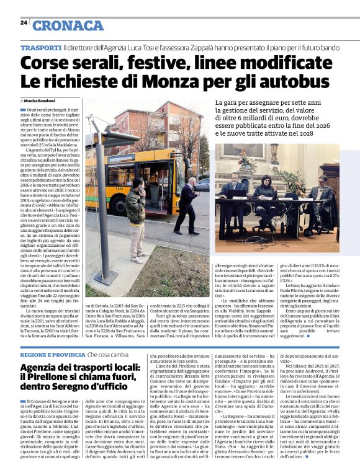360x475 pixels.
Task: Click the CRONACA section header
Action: [67, 25]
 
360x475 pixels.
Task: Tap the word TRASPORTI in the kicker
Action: [40, 48]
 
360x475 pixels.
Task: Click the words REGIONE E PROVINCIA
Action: [51, 354]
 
